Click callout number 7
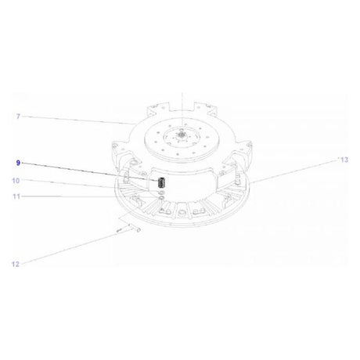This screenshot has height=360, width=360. click(x=18, y=117)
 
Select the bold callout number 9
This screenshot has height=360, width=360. click(x=18, y=163)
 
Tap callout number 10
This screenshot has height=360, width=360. click(x=16, y=181)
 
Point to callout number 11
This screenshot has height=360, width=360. click(x=16, y=196)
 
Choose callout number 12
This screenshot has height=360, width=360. click(x=16, y=265)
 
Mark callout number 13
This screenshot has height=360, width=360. click(x=344, y=160)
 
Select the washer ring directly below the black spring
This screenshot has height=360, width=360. click(x=161, y=193)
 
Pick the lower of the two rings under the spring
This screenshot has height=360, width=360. click(x=161, y=200)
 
